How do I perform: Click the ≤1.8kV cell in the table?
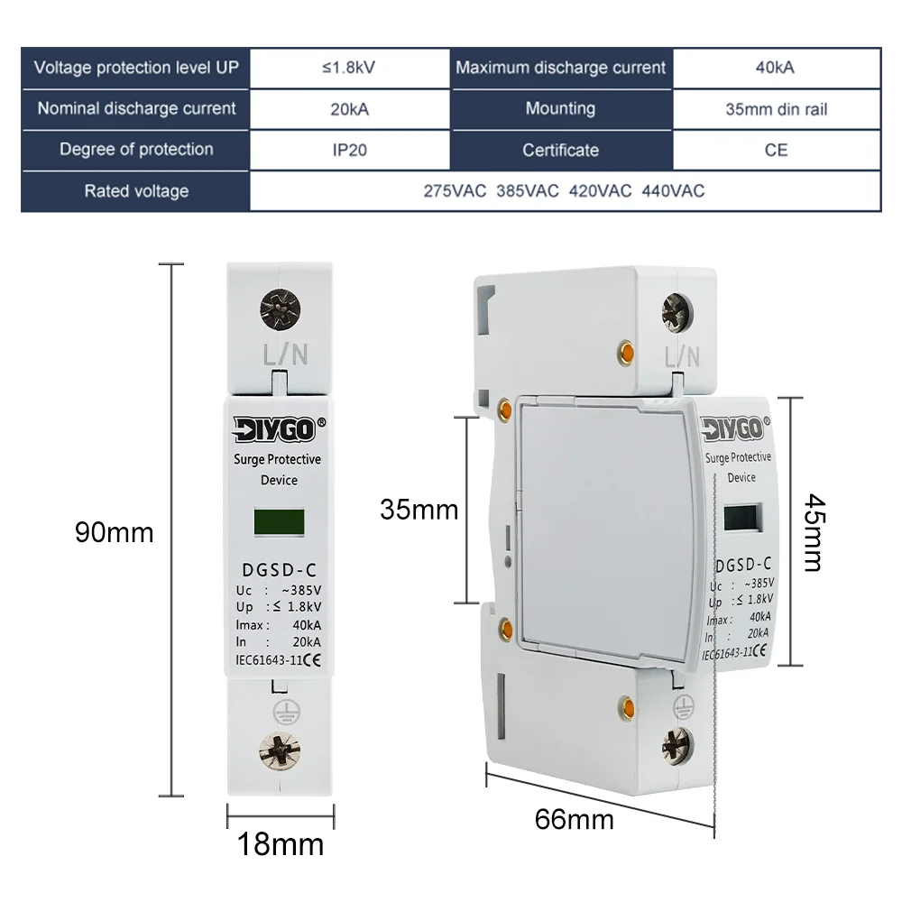(x=349, y=68)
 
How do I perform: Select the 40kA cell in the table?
(x=776, y=68)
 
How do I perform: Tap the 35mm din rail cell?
(x=776, y=109)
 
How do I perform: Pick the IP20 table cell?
(x=349, y=150)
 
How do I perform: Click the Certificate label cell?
(x=560, y=150)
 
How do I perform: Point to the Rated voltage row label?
(x=136, y=191)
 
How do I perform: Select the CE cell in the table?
(x=776, y=150)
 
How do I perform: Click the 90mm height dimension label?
(x=114, y=532)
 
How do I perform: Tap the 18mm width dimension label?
(x=280, y=845)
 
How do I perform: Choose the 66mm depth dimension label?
(x=574, y=820)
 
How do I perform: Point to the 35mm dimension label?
(x=419, y=510)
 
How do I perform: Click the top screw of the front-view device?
(x=280, y=308)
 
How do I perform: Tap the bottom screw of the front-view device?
(x=280, y=748)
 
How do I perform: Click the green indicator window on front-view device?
(x=280, y=522)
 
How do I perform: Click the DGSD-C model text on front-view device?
(x=280, y=569)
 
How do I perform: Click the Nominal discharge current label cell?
(x=136, y=109)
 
